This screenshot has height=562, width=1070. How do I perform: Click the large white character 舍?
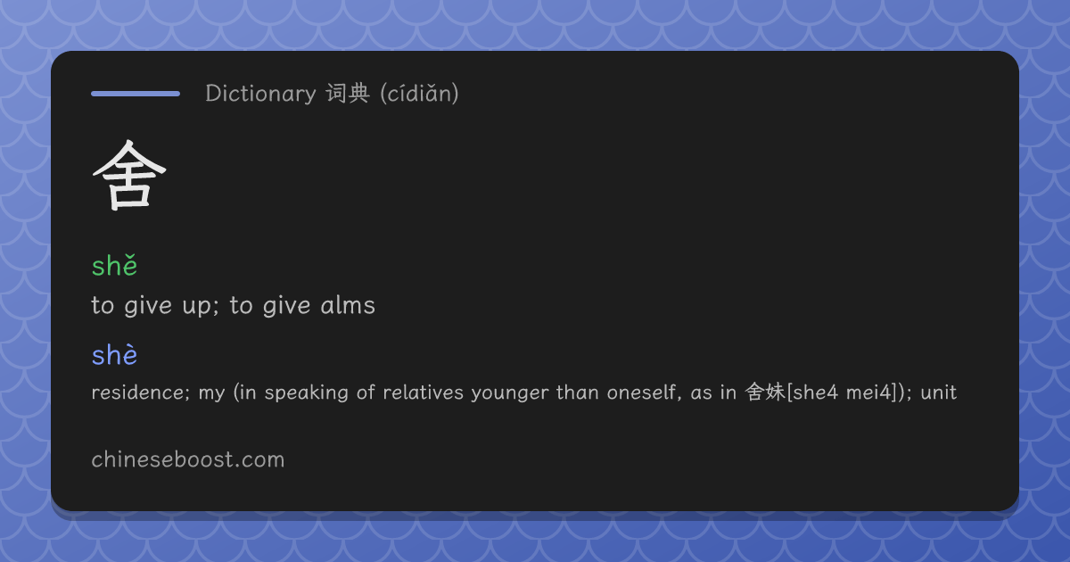(129, 175)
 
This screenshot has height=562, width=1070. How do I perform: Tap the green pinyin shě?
(114, 265)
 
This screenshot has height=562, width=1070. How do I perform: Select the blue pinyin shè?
(114, 355)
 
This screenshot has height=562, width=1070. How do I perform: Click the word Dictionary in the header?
(260, 94)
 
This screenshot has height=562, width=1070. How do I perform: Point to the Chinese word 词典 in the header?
(348, 93)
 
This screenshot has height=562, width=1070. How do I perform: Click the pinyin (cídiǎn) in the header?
(419, 94)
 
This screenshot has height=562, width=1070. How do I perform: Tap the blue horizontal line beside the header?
(136, 94)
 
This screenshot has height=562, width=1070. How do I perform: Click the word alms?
(348, 305)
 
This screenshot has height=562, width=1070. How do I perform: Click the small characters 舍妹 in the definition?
(765, 393)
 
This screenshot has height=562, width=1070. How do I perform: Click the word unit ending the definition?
(939, 393)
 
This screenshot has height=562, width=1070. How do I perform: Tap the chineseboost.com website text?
(188, 459)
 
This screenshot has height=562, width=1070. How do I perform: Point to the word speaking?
(306, 393)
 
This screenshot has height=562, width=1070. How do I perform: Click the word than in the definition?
(578, 393)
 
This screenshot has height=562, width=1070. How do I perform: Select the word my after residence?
(211, 394)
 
